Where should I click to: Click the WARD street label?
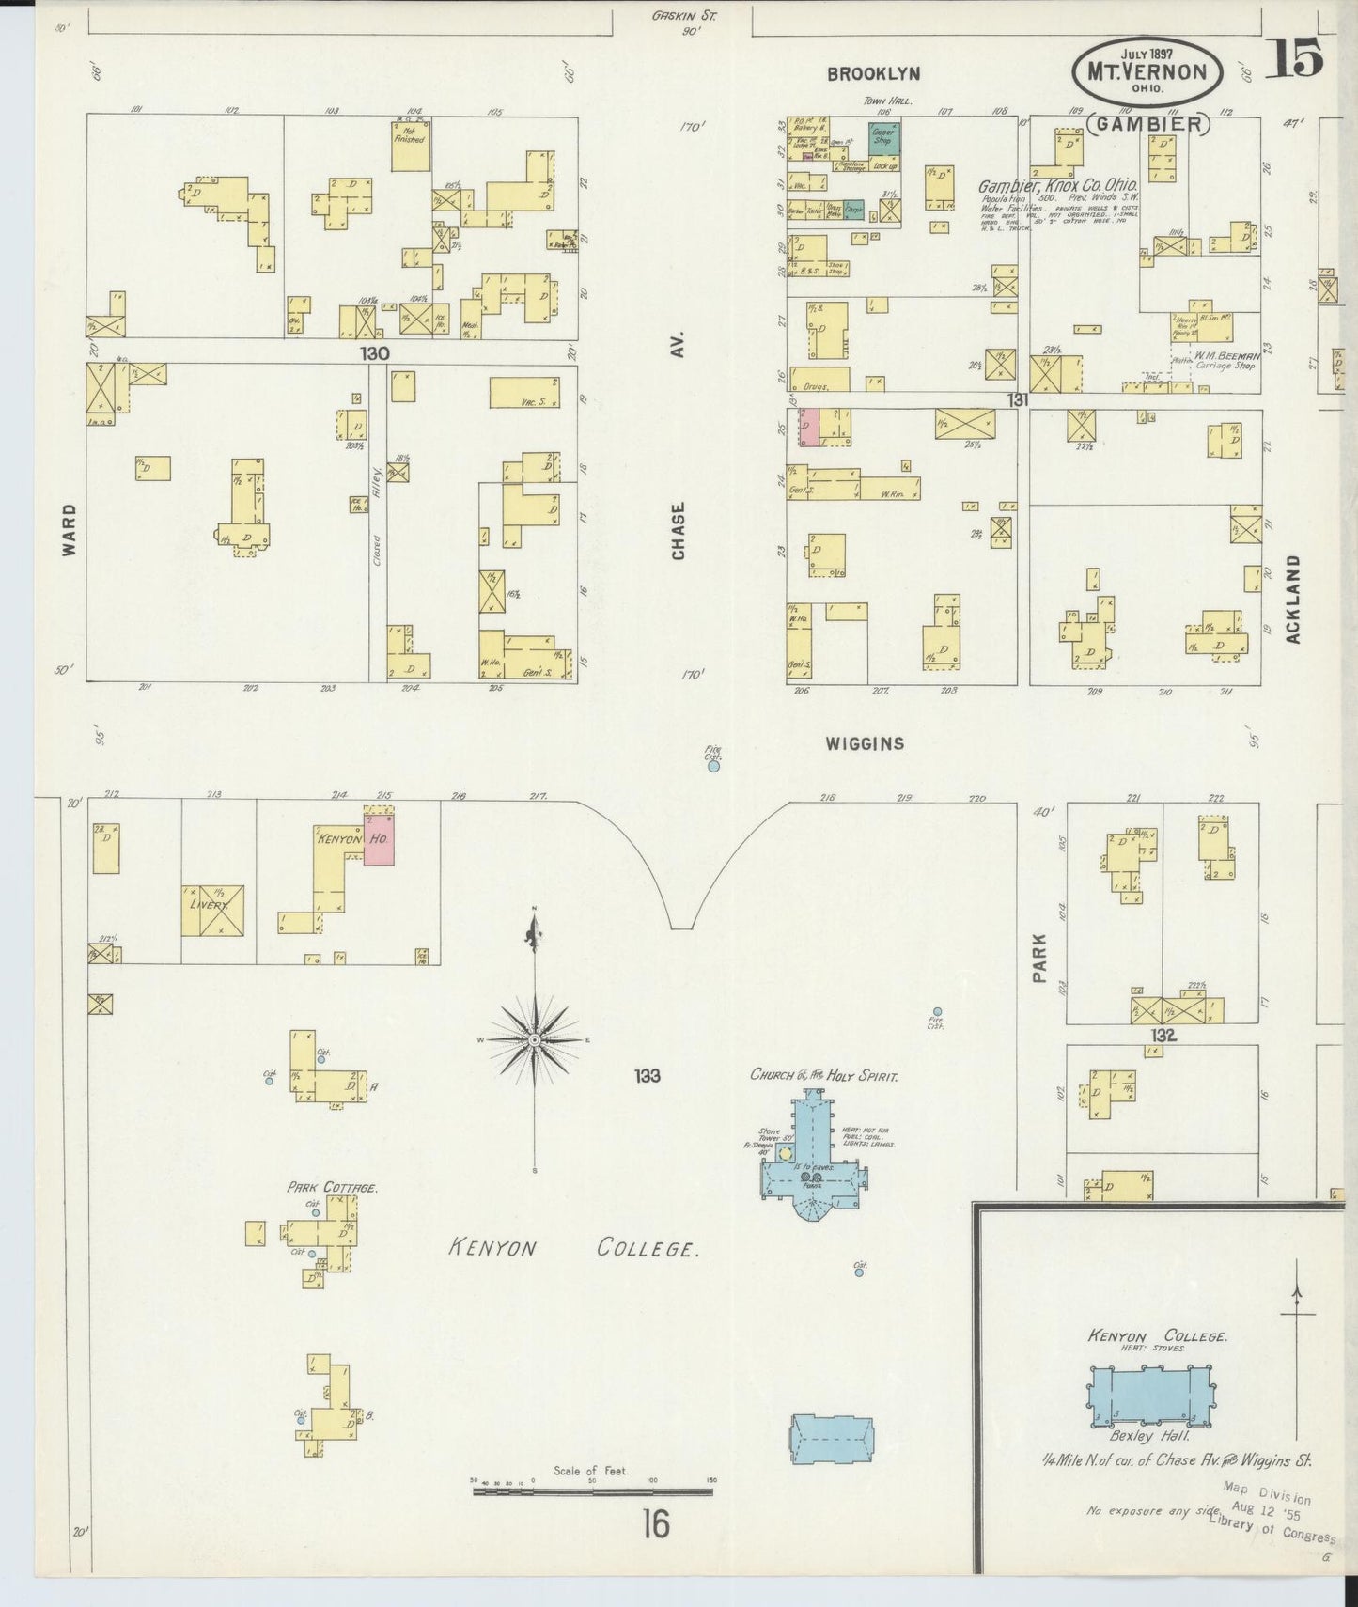tap(70, 530)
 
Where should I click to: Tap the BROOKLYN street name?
tap(873, 74)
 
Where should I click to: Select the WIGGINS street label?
tap(865, 743)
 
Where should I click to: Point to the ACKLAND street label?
tap(1293, 599)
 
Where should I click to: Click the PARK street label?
tap(1039, 958)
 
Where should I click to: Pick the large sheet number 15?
tap(1294, 59)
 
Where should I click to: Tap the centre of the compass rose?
tap(534, 1039)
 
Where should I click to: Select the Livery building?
tap(213, 910)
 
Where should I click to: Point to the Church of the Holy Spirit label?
tap(822, 1074)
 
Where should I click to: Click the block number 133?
tap(647, 1075)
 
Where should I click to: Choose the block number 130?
tap(374, 352)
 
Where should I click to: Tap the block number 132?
tap(1163, 1035)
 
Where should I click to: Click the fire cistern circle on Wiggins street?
tap(713, 766)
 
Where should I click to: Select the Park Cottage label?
tap(332, 1187)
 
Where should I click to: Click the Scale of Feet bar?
tap(592, 1490)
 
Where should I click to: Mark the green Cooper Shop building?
tap(883, 140)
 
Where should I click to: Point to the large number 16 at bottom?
tap(655, 1523)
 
